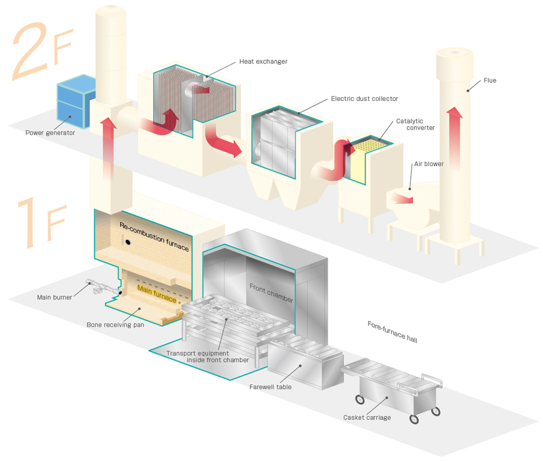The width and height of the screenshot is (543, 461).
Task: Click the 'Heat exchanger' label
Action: [x=263, y=62]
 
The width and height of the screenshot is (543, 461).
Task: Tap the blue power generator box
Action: [x=75, y=101]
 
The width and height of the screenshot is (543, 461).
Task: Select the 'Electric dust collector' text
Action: [x=364, y=98]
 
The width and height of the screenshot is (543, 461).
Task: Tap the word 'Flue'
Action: [x=489, y=80]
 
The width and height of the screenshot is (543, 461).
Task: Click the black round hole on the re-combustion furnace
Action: [x=129, y=241]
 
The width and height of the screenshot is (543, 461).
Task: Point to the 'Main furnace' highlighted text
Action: [x=157, y=293]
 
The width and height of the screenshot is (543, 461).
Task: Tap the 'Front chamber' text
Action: [x=271, y=293]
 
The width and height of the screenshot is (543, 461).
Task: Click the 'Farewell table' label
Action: [x=270, y=387]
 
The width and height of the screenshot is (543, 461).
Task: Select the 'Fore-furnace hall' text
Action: [x=392, y=332]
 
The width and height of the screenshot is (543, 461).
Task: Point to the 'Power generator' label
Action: [x=50, y=133]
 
